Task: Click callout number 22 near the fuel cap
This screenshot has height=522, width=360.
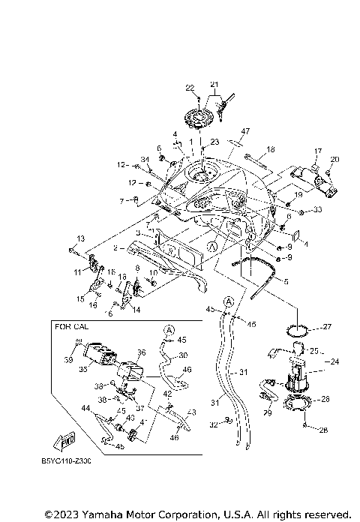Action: [190, 88]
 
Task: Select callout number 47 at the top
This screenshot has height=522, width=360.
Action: [224, 131]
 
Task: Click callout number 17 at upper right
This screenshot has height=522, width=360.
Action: [317, 151]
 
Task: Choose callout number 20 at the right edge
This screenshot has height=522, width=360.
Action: [334, 159]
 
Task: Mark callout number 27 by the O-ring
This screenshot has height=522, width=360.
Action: [327, 327]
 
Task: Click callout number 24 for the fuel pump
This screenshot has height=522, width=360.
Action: [335, 360]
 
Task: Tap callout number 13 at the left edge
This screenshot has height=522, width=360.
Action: [73, 238]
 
